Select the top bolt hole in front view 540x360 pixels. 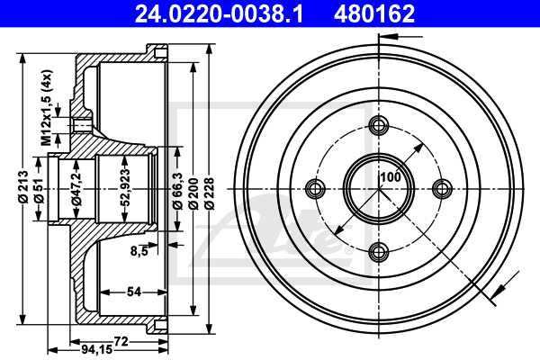(378, 125)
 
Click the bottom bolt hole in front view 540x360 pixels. (378, 251)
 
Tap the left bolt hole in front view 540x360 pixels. (315, 188)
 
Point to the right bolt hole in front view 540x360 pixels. (441, 188)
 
